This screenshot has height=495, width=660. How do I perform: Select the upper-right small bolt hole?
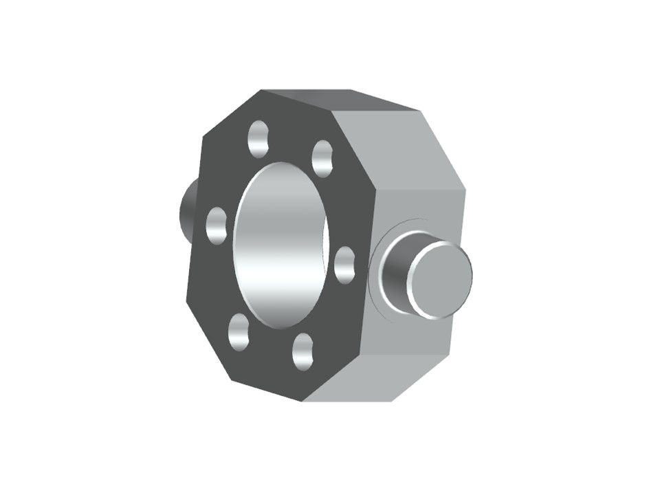(322, 158)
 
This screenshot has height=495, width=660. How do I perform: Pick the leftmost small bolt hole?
(217, 225)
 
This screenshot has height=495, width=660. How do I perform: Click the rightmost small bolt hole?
(344, 265)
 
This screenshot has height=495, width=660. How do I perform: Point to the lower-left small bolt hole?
(238, 332)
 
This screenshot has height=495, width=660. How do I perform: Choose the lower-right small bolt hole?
(302, 352)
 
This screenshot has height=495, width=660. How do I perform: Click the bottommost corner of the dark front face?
(303, 401)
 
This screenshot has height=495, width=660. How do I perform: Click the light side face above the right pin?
(419, 206)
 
